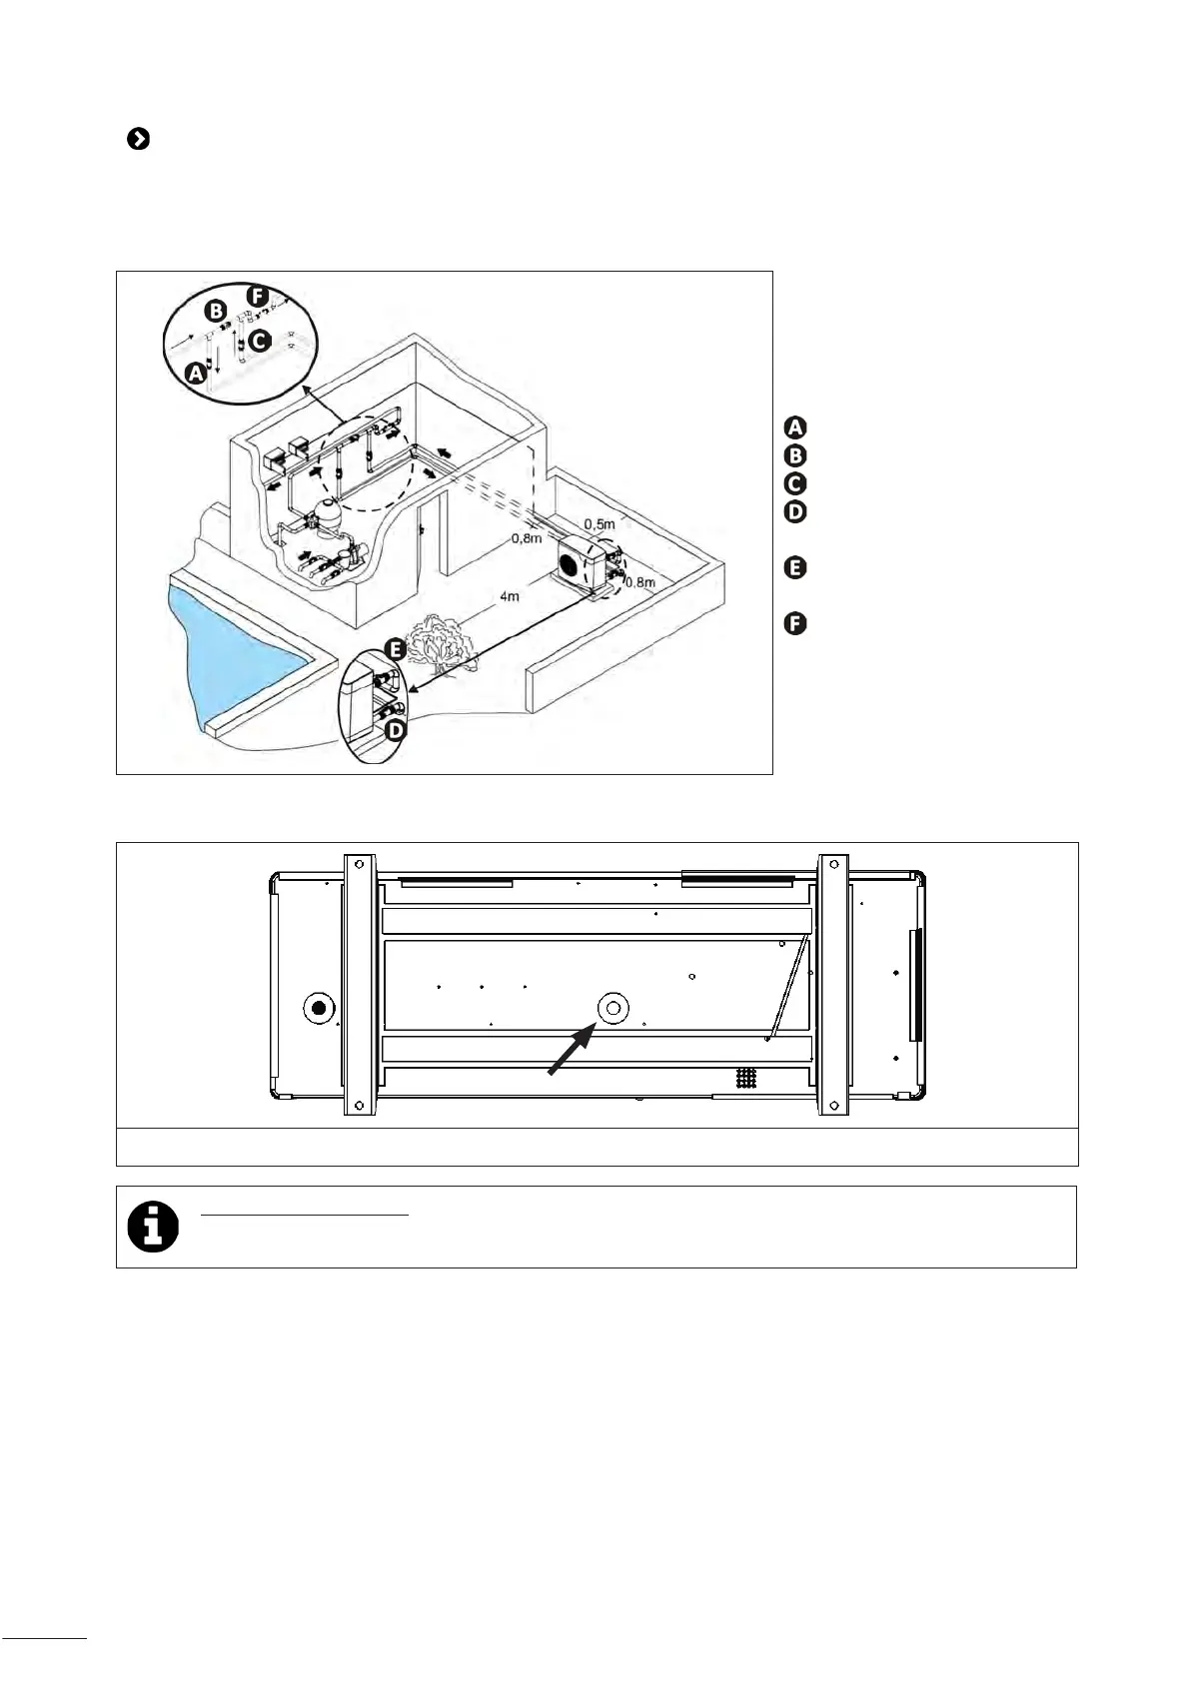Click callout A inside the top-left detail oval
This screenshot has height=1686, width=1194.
tap(197, 374)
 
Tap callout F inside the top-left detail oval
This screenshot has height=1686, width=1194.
tap(258, 297)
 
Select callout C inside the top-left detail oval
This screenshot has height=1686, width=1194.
tap(258, 341)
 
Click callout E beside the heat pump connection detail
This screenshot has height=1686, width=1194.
tap(396, 650)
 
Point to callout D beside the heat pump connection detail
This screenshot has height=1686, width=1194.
tap(396, 730)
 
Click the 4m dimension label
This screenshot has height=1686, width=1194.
tap(509, 597)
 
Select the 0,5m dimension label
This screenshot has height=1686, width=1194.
tap(598, 524)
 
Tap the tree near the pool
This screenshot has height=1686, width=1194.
tap(441, 640)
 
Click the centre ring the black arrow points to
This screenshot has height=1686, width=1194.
tap(612, 1009)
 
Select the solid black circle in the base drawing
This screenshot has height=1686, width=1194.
tap(319, 1007)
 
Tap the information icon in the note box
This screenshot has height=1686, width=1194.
tap(153, 1227)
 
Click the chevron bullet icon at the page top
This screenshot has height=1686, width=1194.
tap(138, 140)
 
